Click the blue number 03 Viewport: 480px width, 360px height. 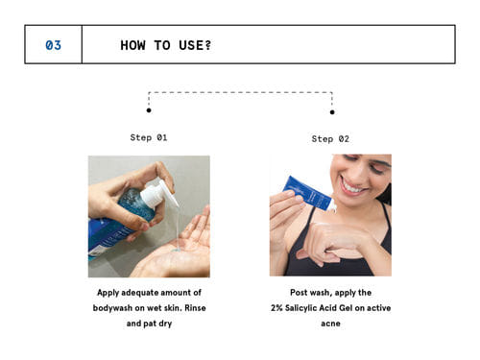pos(53,45)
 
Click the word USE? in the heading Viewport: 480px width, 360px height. pos(195,45)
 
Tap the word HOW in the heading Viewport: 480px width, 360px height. pos(132,45)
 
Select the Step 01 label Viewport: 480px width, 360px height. pos(149,137)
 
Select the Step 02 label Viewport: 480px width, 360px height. pos(330,139)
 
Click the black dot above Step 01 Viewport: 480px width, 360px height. pos(149,110)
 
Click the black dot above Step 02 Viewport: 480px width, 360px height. pos(332,112)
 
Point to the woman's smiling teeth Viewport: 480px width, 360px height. pos(353,187)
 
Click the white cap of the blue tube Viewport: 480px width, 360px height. pos(333,205)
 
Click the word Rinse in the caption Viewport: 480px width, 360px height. pos(195,308)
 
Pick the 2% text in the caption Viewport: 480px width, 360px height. pos(276,308)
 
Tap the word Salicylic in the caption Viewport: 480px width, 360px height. pos(300,308)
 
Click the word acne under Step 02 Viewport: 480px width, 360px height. pos(330,324)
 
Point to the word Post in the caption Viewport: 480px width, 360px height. pos(299,293)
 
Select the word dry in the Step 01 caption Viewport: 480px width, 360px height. pos(165,324)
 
